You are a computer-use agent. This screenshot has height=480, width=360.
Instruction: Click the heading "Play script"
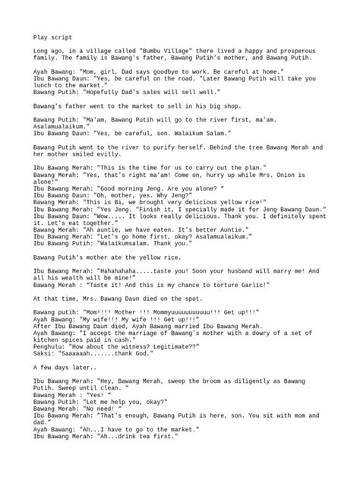tap(51, 36)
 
